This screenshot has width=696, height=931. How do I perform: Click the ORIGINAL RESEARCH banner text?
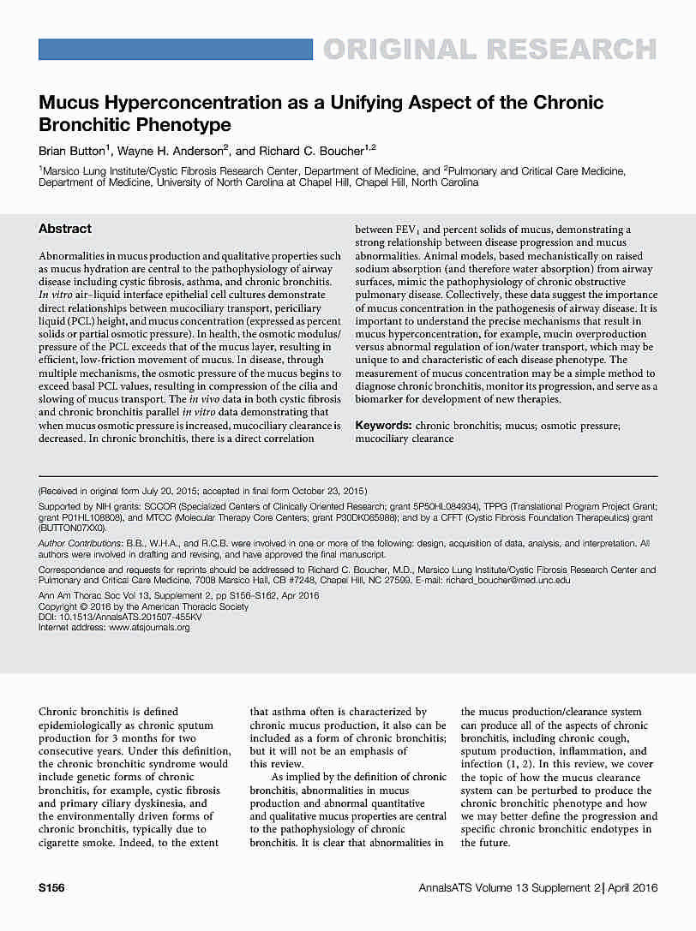[x=489, y=50]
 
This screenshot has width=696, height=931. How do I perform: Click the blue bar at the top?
[x=176, y=50]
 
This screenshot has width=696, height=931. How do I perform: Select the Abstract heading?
[x=65, y=229]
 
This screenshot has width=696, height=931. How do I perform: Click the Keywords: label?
[x=383, y=425]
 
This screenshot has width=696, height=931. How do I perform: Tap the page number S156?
[x=52, y=888]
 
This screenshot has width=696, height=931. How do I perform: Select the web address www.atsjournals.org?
[x=149, y=627]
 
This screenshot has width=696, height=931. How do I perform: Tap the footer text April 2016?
[x=633, y=888]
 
